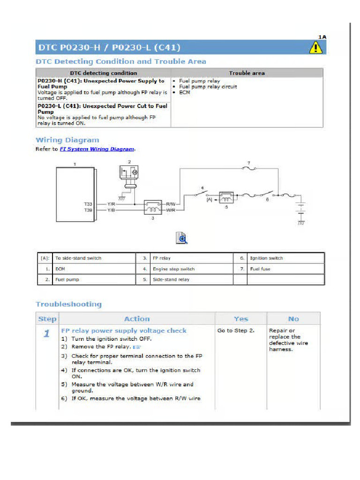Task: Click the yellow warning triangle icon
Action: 316,47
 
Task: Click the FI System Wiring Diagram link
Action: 97,149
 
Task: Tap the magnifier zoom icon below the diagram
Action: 181,238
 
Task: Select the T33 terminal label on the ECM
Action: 88,204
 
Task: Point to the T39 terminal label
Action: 88,210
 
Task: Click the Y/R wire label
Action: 111,204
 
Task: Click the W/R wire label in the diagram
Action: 171,210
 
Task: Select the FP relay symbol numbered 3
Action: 153,207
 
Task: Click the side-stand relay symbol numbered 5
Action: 226,196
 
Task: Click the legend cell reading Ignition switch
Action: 266,258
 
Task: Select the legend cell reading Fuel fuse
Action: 261,269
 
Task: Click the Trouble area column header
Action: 247,73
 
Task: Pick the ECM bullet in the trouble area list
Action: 184,93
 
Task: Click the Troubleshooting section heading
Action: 68,304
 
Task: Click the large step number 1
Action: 47,334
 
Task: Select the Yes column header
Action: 241,319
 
